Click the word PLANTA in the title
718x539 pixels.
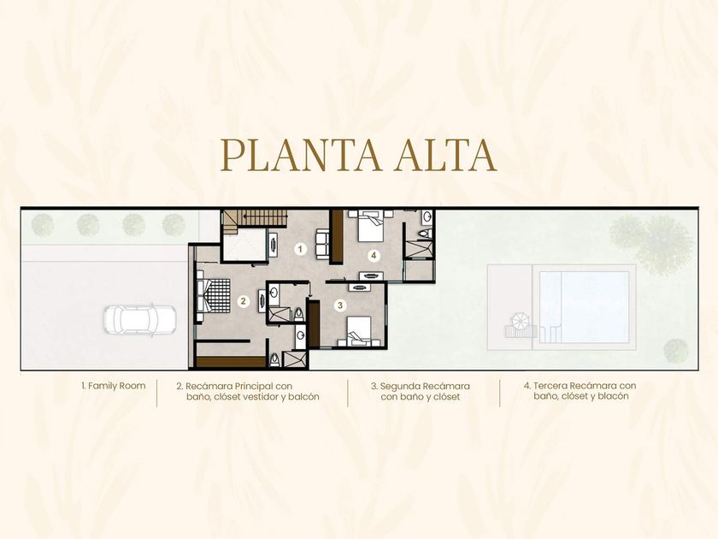[x=300, y=155]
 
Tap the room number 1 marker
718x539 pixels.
[x=300, y=249]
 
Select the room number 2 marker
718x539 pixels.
[x=244, y=301]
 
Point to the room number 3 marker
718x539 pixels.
[x=340, y=305]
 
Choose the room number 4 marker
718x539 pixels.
[x=374, y=255]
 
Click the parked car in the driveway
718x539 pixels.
[x=139, y=320]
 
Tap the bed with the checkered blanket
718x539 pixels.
[x=214, y=296]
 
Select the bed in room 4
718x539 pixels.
[x=370, y=226]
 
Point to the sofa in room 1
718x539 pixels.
[x=322, y=243]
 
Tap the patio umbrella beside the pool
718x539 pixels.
[x=519, y=321]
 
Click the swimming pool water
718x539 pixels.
[x=584, y=307]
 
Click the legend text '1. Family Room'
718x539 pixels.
[x=114, y=386]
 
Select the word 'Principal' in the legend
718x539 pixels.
[x=254, y=387]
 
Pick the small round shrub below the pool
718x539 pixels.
[x=676, y=351]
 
